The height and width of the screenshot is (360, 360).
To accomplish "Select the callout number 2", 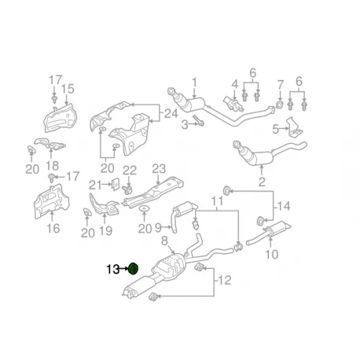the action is pos(263,182).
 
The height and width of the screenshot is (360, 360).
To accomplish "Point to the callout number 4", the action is pos(233,84).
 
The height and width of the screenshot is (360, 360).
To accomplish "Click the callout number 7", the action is pos(280,84).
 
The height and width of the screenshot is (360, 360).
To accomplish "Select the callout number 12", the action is pos(228,280).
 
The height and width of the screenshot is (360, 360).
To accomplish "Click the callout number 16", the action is pos(53,229).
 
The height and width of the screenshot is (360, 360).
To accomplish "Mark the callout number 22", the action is pos(130,171).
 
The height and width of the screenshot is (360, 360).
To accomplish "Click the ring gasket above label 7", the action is pos(280,105).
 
